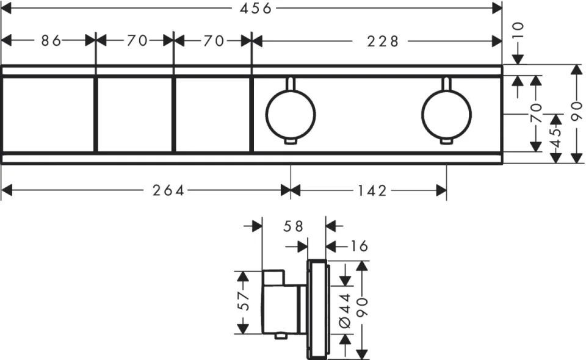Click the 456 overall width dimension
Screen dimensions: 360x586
[255, 8]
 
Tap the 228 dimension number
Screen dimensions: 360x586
[383, 41]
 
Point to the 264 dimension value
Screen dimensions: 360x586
[168, 191]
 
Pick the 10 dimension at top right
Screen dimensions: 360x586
[518, 31]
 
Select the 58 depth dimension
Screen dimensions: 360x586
[293, 227]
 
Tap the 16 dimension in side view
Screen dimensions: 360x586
[360, 246]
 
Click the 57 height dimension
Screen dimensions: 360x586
[243, 301]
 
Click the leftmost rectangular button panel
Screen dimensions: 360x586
[48, 114]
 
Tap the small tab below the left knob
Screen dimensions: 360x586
[291, 142]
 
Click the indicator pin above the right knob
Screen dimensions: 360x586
[446, 83]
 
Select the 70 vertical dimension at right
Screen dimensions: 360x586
[536, 113]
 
